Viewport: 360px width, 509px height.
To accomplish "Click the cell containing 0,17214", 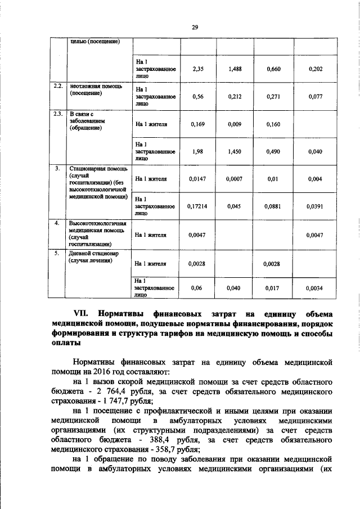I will tap(197, 206).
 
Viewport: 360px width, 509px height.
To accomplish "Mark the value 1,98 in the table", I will tap(197, 151).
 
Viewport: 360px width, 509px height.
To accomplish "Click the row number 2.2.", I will tap(57, 87).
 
